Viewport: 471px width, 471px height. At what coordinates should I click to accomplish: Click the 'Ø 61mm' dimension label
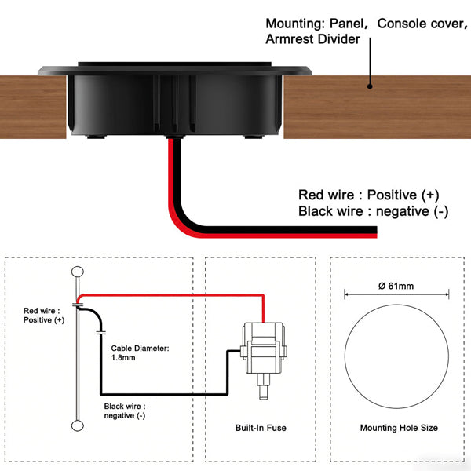pos(396,286)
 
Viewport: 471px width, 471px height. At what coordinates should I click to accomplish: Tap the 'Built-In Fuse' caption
pos(261,428)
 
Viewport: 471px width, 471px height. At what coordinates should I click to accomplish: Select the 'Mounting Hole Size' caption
pos(399,428)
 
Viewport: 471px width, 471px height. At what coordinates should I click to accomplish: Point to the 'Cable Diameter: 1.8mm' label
pos(140,353)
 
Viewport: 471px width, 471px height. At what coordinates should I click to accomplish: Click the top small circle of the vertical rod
pos(78,272)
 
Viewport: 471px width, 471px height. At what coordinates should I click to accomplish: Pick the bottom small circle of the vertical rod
pos(78,425)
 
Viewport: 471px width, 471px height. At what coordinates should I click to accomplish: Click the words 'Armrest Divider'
pos(312,39)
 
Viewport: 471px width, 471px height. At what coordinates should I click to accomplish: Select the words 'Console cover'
pos(420,24)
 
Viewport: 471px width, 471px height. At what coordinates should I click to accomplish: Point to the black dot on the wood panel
pos(370,86)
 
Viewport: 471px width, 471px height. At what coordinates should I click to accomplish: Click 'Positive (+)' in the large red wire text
pos(403,195)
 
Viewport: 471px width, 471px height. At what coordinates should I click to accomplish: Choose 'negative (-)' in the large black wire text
pos(412,211)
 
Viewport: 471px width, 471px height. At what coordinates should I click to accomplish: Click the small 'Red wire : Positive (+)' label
pos(44,316)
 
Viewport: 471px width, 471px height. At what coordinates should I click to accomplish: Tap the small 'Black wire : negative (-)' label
pos(125,411)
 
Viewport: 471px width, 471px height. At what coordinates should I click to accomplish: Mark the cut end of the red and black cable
pos(376,232)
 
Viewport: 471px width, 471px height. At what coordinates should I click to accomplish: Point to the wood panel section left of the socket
pos(33,107)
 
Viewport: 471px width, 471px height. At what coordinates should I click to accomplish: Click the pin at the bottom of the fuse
pos(264,387)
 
